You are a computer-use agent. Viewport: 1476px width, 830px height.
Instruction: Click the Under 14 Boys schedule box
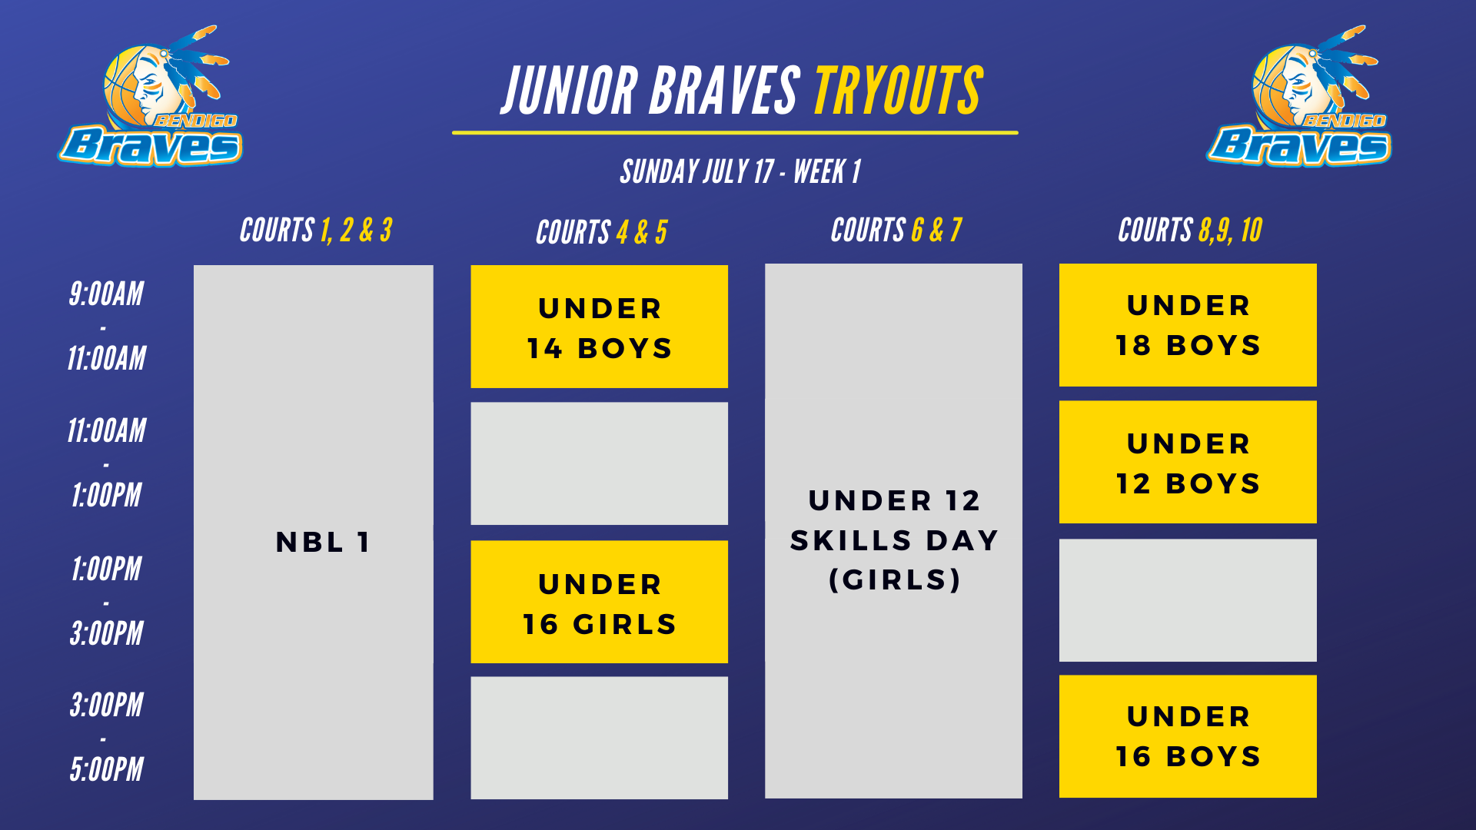(599, 327)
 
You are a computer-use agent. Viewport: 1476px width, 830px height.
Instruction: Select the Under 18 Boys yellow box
(1188, 325)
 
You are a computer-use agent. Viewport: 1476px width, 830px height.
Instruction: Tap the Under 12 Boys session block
(1188, 462)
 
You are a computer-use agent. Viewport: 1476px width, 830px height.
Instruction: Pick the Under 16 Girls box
(599, 602)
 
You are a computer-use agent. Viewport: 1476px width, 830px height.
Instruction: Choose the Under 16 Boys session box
(1188, 736)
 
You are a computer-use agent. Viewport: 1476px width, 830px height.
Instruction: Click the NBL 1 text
(324, 542)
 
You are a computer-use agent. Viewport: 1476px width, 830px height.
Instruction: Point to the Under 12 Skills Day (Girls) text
(894, 540)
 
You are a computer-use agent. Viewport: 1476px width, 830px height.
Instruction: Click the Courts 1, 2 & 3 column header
(316, 230)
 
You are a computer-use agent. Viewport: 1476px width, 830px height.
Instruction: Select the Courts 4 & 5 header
(601, 232)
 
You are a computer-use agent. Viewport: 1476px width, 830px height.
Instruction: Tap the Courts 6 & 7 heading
(896, 230)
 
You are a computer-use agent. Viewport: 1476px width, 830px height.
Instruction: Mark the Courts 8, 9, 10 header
(1190, 230)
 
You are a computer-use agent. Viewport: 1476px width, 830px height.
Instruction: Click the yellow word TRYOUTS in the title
(899, 91)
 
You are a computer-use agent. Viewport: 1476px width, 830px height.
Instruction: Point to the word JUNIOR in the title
(570, 91)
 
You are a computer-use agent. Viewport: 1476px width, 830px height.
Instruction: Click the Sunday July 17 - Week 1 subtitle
(740, 171)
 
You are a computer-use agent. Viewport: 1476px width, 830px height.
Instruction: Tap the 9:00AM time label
(106, 294)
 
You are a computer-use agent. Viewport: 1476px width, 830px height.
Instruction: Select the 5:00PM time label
(106, 769)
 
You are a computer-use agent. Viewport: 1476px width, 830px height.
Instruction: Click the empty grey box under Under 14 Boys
(599, 463)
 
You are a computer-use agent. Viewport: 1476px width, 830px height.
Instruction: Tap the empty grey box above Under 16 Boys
(1188, 600)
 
